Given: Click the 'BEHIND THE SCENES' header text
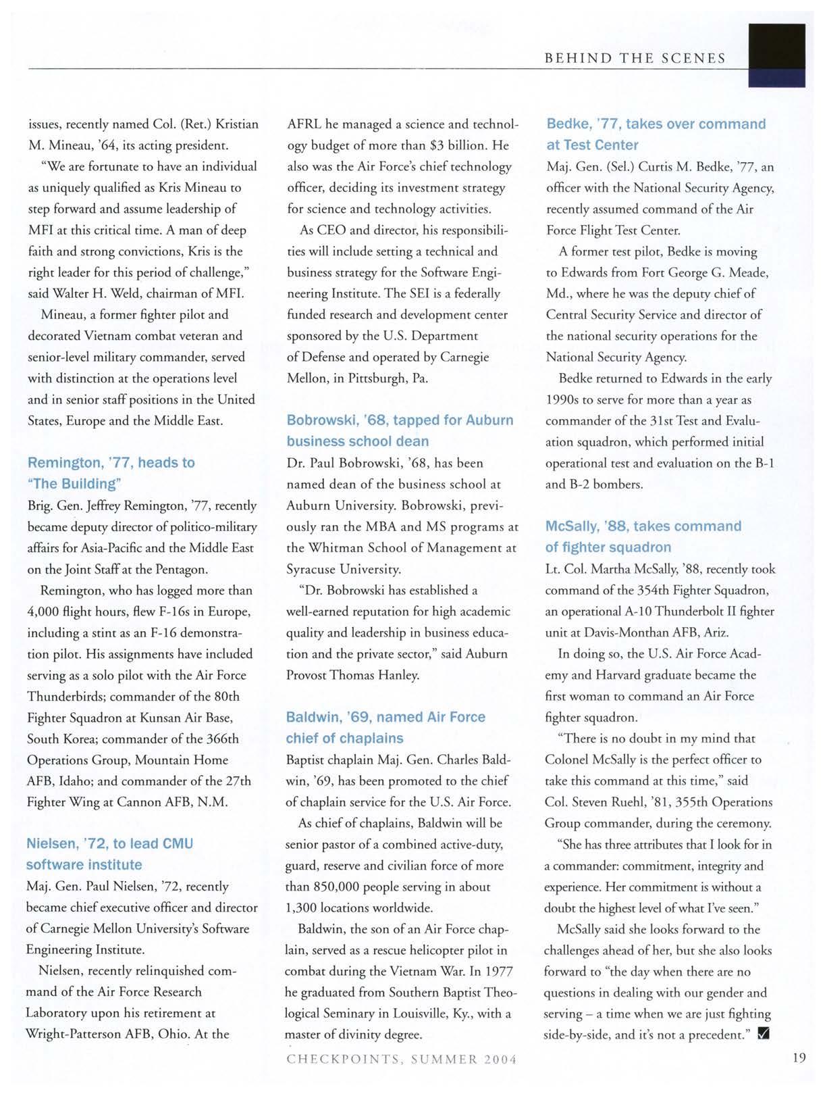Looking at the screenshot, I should (635, 58).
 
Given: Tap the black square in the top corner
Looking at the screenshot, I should (778, 54).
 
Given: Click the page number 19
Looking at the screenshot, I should (799, 1058).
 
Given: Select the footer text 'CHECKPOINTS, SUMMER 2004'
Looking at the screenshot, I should (402, 1059).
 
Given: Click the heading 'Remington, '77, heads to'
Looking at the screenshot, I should (111, 463).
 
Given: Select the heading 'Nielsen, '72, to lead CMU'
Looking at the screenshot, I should (109, 843).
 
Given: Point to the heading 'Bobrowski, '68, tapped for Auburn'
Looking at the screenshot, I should (400, 420).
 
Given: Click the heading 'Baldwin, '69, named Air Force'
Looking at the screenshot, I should (385, 717).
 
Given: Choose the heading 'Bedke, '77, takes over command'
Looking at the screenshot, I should (656, 124).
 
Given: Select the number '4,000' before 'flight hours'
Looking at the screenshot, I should (43, 612).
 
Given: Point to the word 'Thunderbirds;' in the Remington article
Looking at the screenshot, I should (65, 697).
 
